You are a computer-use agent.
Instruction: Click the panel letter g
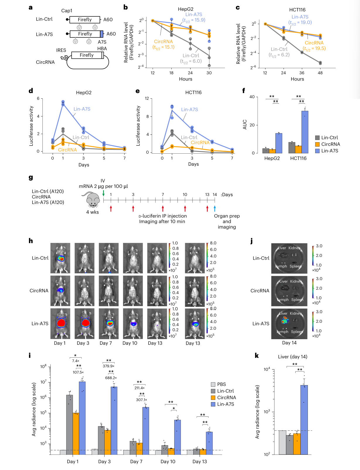31,177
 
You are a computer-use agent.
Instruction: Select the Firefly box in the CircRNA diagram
87,55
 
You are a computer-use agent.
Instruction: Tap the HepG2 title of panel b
185,9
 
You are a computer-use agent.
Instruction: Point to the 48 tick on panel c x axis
320,73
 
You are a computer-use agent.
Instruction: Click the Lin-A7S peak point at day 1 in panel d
63,102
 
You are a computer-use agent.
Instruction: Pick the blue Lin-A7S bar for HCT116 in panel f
305,132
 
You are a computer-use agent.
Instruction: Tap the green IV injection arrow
103,193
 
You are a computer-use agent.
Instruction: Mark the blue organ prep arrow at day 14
215,208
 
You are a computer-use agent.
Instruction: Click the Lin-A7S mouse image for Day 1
60,323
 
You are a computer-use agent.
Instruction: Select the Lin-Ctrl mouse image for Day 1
60,258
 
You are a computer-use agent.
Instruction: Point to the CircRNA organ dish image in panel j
289,291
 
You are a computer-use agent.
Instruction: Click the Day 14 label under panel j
289,343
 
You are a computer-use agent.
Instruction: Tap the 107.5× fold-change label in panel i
78,372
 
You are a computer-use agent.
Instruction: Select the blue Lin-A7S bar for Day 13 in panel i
209,443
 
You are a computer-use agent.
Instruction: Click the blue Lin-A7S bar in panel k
304,420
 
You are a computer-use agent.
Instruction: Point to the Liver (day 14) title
292,357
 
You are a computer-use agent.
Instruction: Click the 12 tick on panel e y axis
147,98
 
